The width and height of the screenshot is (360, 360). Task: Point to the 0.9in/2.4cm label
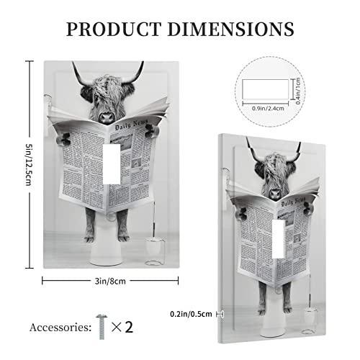(260, 109)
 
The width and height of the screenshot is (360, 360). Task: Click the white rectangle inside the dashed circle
(258, 89)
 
